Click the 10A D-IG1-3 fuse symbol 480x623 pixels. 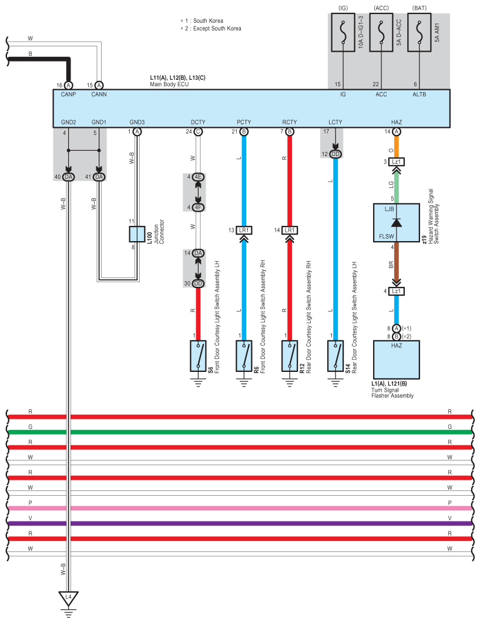point(343,33)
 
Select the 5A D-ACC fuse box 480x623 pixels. point(381,33)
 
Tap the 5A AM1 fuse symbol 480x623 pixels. point(419,33)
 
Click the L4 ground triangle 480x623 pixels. point(69,598)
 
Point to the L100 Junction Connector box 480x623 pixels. point(137,234)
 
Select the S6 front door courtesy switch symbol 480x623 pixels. point(198,356)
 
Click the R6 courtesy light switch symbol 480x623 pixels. point(244,356)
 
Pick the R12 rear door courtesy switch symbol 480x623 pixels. point(290,356)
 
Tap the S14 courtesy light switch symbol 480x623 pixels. point(335,356)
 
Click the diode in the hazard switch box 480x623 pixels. point(397,222)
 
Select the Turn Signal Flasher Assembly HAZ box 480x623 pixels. point(397,360)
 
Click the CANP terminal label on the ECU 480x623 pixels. point(69,94)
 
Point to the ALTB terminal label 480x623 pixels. point(419,94)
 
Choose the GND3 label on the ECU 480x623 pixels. point(137,123)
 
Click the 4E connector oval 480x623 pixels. point(198,177)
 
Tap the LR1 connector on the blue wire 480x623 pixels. point(244,231)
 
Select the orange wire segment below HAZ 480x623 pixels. point(397,147)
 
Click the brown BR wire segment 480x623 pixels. point(397,264)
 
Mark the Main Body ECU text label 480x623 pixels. point(169,84)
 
